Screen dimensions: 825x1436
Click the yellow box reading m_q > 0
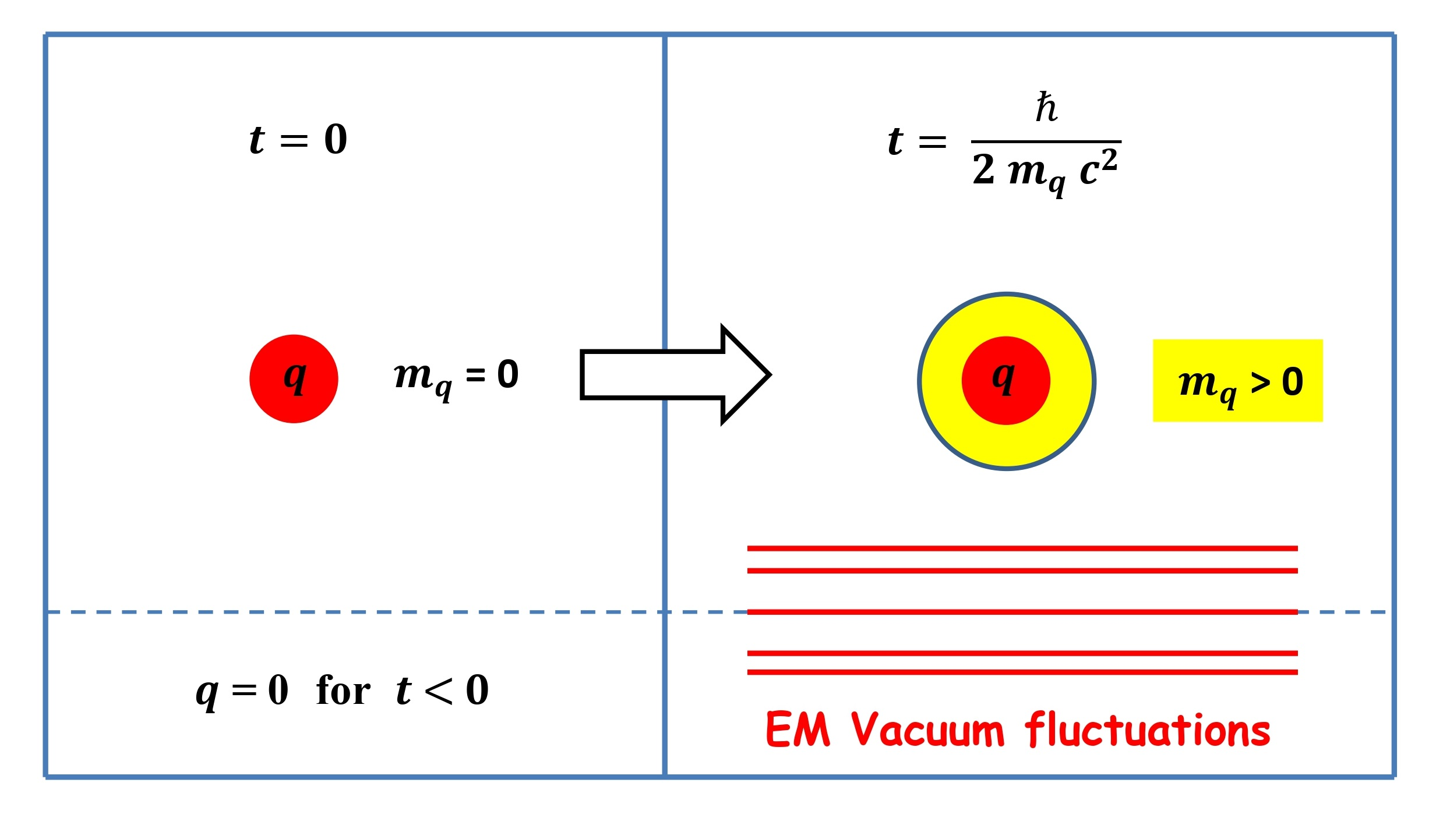click(x=1237, y=381)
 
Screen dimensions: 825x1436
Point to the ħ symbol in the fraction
click(x=1046, y=108)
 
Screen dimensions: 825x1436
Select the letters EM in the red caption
click(x=798, y=730)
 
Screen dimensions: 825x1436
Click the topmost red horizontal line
click(x=1022, y=548)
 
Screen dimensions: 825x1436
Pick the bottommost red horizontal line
click(x=1022, y=672)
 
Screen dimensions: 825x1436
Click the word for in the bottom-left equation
click(x=343, y=691)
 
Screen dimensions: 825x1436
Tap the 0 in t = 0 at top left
click(x=336, y=140)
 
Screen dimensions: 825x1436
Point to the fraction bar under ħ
click(x=1046, y=141)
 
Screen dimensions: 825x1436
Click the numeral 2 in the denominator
click(x=984, y=169)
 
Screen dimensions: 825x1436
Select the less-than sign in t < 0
click(x=438, y=692)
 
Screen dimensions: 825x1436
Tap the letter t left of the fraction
click(x=895, y=141)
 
